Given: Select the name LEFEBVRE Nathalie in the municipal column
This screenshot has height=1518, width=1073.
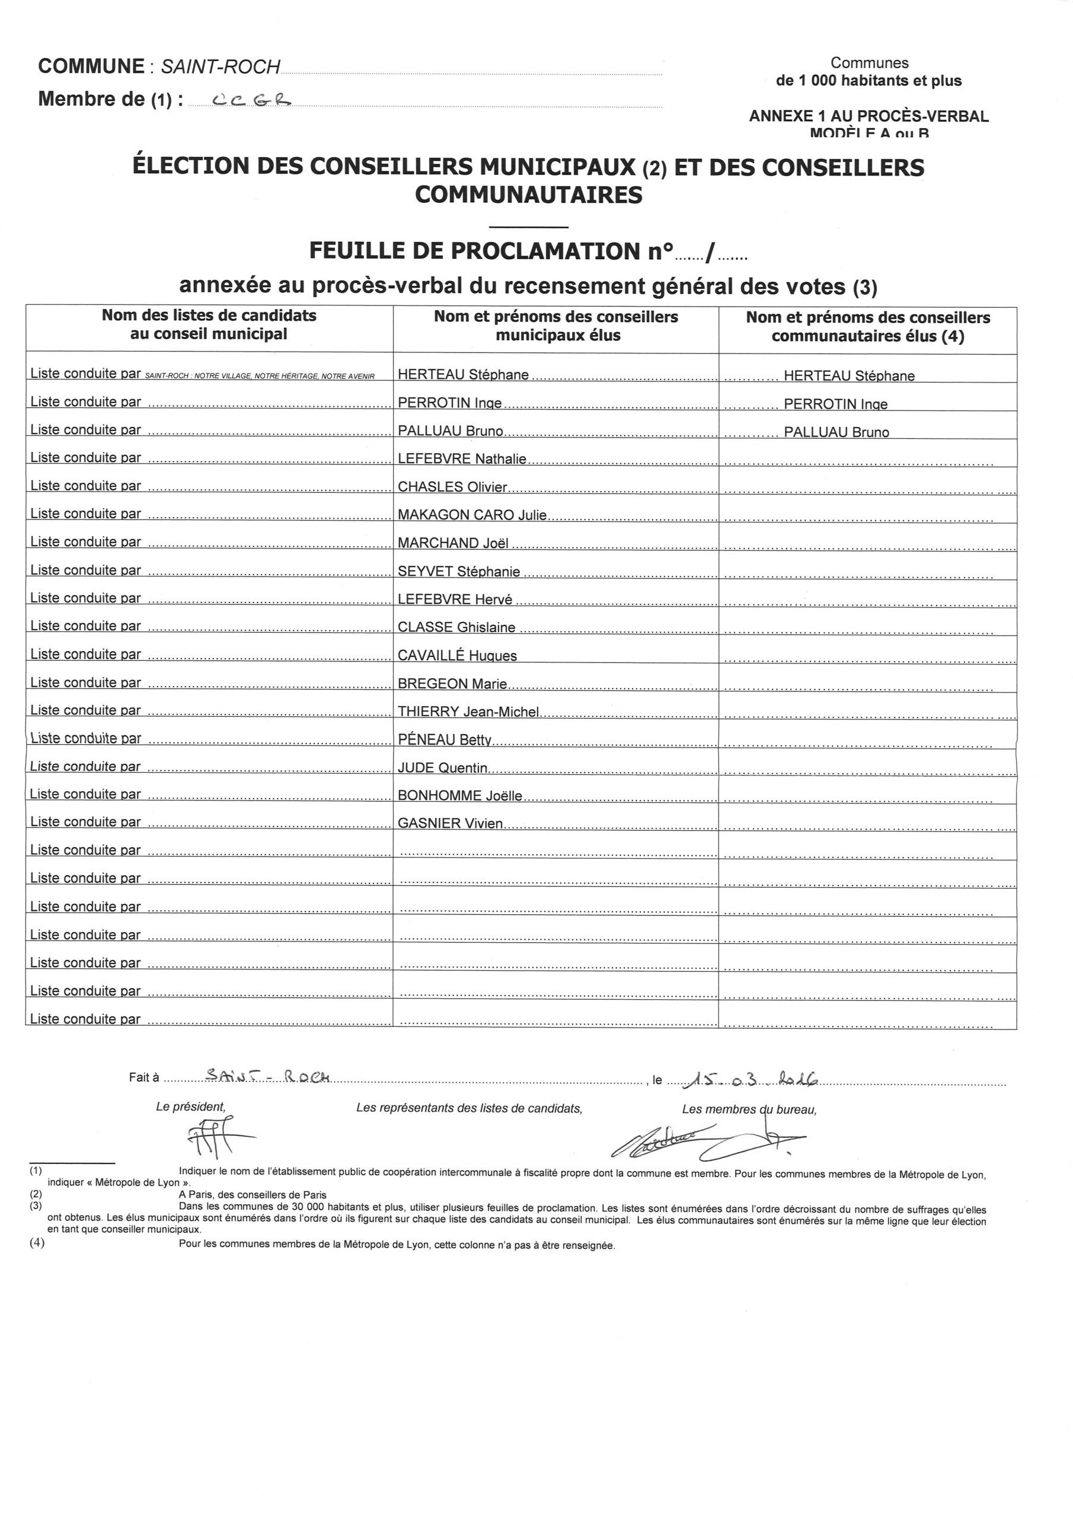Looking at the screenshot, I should coord(462,458).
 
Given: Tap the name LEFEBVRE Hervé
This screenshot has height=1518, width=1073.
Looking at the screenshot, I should coord(455,599).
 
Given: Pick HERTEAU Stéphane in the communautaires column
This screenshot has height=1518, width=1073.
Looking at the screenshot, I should coord(849,375).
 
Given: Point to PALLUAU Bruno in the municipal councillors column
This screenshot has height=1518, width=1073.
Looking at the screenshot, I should coord(450,430).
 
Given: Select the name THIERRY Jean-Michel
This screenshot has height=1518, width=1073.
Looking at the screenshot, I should coord(468,712).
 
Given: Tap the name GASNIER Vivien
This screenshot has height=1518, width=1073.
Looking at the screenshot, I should coord(450,823).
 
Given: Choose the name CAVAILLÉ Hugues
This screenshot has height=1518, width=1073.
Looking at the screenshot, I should coord(457,655).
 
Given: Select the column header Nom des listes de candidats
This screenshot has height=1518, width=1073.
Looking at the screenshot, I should coord(209,324).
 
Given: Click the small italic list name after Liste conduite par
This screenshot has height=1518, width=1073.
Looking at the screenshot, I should coord(260,375).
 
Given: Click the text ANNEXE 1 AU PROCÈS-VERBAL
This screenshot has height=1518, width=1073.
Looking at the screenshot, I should coord(868,116).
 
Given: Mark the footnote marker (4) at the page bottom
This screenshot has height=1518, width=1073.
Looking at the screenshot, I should coord(37,1242).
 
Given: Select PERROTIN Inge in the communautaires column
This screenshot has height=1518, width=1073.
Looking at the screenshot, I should coord(836,403).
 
